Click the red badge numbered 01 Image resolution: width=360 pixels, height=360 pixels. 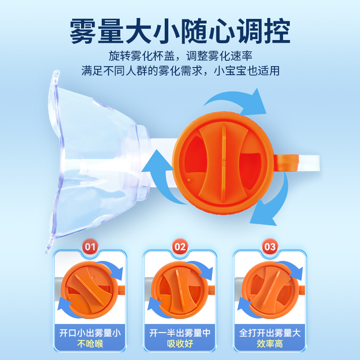click(90, 247)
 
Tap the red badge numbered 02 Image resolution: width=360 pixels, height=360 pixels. click(180, 247)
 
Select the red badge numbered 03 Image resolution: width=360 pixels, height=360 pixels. click(270, 247)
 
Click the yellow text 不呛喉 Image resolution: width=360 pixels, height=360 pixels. click(90, 344)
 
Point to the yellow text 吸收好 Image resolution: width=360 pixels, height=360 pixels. click(180, 344)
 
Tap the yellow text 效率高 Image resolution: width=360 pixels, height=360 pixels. click(270, 344)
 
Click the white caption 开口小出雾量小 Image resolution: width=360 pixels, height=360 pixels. click(90, 333)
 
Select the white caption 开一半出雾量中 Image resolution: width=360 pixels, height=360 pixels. click(180, 333)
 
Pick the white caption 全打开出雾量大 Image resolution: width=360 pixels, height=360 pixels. click(270, 333)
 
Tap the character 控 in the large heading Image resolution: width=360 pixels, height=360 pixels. click(278, 31)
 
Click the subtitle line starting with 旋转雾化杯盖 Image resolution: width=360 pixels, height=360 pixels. click(180, 56)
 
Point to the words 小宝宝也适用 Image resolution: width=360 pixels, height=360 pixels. click(247, 71)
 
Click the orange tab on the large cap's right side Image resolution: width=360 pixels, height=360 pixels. click(286, 163)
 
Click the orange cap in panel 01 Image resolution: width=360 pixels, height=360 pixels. click(90, 290)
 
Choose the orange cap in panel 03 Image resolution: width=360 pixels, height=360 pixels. click(270, 290)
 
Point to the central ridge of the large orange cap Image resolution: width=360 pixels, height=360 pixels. click(224, 163)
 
